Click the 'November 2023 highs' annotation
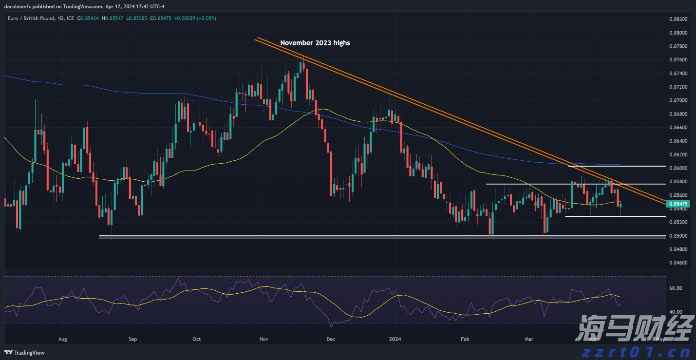(315, 43)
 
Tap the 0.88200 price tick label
(677, 19)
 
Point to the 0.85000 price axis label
(677, 236)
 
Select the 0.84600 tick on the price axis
(677, 263)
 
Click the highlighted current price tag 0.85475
(678, 204)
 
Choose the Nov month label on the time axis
(264, 339)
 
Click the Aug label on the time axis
(62, 339)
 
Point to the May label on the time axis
(660, 339)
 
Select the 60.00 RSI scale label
(675, 288)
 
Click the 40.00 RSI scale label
(675, 312)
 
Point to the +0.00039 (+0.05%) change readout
(197, 18)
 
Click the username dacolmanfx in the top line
(19, 6)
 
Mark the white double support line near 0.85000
(380, 237)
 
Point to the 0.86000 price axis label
(677, 168)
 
